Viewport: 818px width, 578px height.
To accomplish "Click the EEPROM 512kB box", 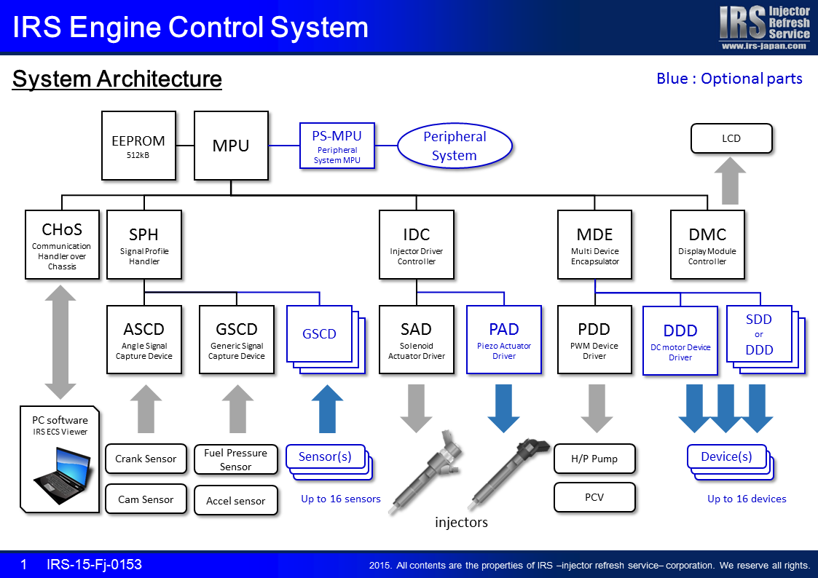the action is pos(139,146).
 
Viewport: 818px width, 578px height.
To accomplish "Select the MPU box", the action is pos(231,146).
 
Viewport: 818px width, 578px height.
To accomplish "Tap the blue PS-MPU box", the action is pos(337,146).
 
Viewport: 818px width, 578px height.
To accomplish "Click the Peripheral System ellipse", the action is pos(455,146).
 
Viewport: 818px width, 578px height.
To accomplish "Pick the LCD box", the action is pos(731,138).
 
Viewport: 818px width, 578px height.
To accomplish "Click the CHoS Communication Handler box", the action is pos(62,245).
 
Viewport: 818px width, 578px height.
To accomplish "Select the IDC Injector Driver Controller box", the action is pos(417,245).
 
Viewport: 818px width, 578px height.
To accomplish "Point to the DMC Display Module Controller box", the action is pos(707,245).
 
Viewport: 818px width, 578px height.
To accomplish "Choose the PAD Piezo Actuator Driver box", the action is pos(504,340).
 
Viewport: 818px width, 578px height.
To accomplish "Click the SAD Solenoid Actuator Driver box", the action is pos(417,340).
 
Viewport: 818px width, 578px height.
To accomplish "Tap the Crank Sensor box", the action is pos(146,459).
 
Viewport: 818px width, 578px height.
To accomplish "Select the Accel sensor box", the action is pos(236,500).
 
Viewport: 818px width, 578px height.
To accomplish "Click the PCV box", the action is pos(594,497).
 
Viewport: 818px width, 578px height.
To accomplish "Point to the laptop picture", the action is pos(63,475).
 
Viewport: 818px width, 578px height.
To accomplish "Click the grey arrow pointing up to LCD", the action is pos(730,181).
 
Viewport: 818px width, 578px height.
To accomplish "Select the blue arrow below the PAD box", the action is pos(503,408).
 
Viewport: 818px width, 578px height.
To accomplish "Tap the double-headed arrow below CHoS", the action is pos(60,342).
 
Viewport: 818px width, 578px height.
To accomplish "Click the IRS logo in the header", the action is pos(764,27).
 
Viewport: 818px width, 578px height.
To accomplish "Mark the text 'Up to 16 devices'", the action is pos(747,499).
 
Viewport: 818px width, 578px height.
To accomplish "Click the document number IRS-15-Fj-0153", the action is pos(94,564).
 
